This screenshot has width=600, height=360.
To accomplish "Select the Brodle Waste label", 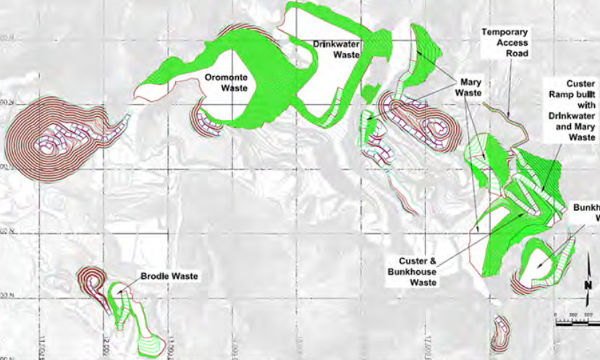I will (x=169, y=276).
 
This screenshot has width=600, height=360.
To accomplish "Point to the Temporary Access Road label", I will (x=506, y=43).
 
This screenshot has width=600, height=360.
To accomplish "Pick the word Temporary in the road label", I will (x=506, y=33).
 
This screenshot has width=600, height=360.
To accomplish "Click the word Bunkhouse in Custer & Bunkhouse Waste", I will (x=417, y=272).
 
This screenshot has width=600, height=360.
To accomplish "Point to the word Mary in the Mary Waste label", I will (x=468, y=82).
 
